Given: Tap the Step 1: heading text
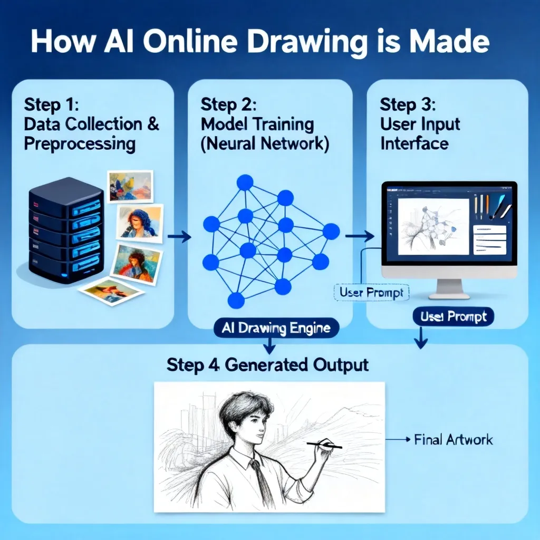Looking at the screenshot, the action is point(52,104).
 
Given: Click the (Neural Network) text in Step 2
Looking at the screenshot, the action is point(265,143).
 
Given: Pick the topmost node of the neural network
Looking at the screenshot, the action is point(245,182).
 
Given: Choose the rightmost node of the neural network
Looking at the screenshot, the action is point(331,232).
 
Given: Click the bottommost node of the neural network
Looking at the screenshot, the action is point(236,300).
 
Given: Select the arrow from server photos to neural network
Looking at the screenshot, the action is point(179,237).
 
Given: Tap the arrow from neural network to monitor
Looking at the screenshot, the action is point(360,236).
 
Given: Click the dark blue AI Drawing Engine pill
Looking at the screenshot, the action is point(276,328).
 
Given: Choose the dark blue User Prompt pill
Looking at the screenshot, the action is point(453,316).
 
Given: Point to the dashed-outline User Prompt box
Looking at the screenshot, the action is point(371,293).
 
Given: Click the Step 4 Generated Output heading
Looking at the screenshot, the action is point(267,365).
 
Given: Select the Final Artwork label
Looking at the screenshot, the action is point(453,440).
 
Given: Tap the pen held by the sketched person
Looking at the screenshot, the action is point(324,445).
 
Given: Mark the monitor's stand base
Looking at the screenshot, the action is point(449,296).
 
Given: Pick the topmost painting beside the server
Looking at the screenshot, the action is point(130,186).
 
